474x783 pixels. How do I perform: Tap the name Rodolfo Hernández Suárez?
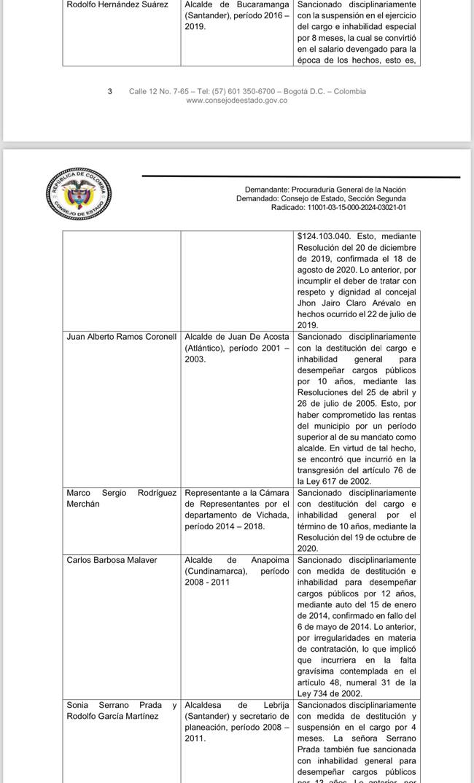[117, 4]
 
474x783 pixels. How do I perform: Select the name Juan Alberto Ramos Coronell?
[121, 337]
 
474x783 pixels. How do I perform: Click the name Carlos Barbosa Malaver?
[112, 560]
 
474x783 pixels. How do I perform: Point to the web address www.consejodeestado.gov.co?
[237, 101]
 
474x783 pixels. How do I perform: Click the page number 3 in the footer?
[110, 91]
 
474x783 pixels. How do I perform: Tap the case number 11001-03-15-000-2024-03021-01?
[357, 208]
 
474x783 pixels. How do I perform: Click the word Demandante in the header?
[266, 189]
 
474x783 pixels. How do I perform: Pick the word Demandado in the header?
[257, 198]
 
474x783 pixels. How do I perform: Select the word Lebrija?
[273, 705]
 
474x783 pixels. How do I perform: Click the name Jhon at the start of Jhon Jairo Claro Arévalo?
[308, 303]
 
